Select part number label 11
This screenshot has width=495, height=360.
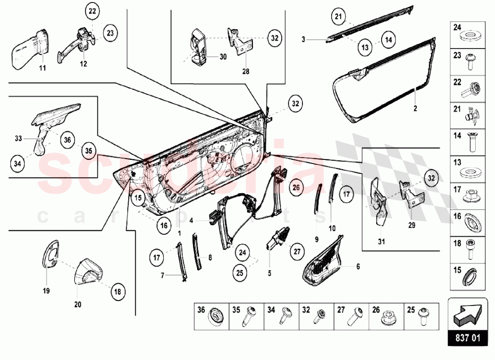click(x=42, y=67)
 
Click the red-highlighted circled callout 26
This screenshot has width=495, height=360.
click(x=296, y=187)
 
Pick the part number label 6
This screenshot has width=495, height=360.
click(x=357, y=266)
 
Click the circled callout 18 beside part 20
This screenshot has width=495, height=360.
click(x=117, y=292)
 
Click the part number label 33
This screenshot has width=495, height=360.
click(x=19, y=139)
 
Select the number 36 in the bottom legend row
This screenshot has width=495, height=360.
click(x=201, y=311)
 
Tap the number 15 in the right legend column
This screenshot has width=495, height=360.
click(x=457, y=270)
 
